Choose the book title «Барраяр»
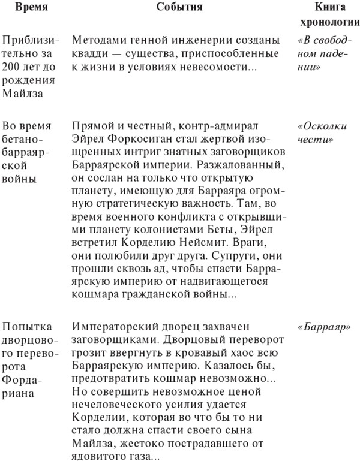coord(324,328)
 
